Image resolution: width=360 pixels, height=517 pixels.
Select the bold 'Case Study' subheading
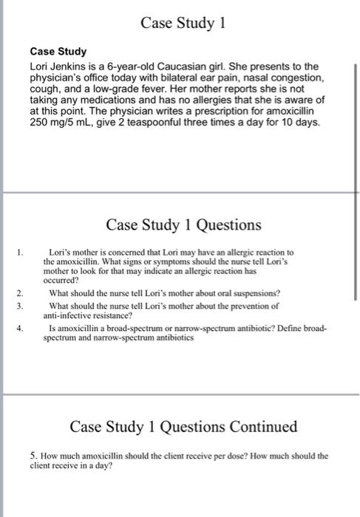click(x=58, y=52)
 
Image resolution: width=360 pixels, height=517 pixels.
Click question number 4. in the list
click(x=27, y=326)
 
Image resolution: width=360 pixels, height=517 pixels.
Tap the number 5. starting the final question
click(x=34, y=456)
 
